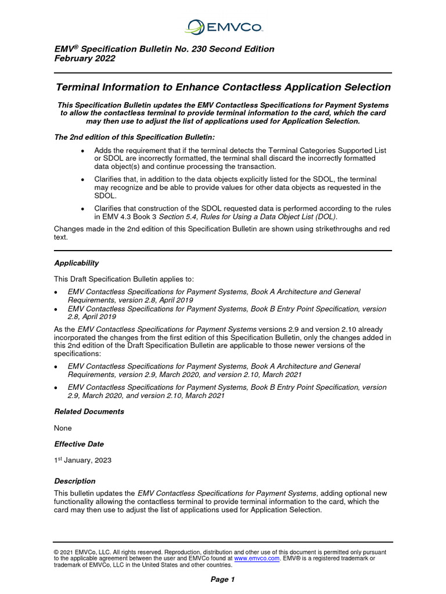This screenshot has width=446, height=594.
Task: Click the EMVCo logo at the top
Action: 224,26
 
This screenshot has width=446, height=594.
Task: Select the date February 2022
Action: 85,59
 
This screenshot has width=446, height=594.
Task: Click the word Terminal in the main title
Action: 76,88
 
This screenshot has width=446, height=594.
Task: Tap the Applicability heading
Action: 76,263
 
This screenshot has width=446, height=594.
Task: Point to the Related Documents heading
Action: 89,411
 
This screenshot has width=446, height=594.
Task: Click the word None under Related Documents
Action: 63,428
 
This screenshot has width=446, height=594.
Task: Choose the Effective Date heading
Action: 79,444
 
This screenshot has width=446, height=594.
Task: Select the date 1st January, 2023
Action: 82,461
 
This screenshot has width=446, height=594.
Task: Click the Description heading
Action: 74,481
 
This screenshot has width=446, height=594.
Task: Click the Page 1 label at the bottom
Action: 222,579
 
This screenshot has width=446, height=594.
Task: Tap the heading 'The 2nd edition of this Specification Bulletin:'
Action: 135,137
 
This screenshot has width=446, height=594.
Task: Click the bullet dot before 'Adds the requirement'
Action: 82,151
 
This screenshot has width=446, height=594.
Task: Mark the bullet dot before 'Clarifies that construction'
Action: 82,209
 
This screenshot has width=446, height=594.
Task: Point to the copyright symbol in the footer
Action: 56,552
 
